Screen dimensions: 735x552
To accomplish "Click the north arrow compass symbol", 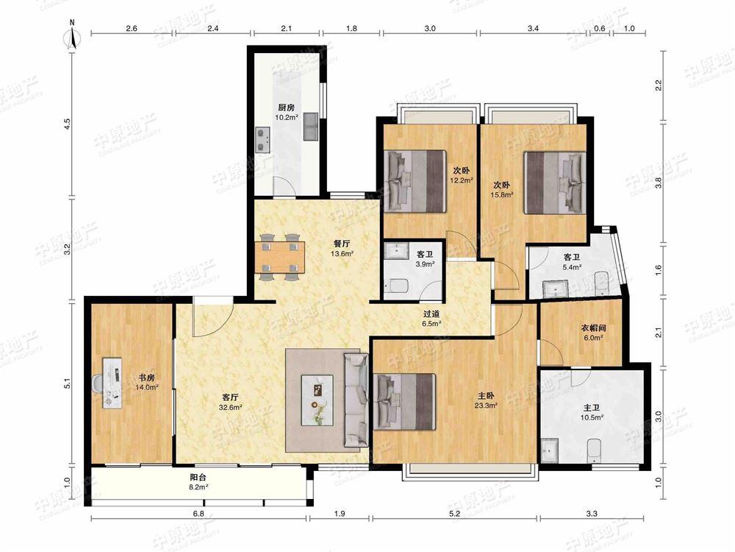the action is point(72,35).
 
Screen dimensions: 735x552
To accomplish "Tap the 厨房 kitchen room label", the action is point(286,107).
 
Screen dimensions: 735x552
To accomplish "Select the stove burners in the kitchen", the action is point(263,139).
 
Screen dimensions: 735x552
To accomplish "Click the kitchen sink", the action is point(311,127).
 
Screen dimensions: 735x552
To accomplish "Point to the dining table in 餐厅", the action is point(280,257).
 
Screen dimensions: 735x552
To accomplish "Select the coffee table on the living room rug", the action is point(318,400).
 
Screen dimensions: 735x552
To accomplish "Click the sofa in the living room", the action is point(356,400).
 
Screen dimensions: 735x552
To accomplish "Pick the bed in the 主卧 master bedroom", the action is point(404,402).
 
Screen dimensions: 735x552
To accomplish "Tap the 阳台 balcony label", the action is point(198,478).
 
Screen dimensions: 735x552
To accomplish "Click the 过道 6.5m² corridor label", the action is point(431,319).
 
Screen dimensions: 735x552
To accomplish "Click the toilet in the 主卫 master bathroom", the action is point(594,451).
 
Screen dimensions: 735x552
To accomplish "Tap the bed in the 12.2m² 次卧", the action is point(415,181).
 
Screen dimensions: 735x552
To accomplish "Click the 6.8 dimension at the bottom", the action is point(198,514).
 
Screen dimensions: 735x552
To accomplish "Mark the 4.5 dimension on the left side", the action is point(68,124).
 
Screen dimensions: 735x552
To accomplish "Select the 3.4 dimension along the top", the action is point(533,28).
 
